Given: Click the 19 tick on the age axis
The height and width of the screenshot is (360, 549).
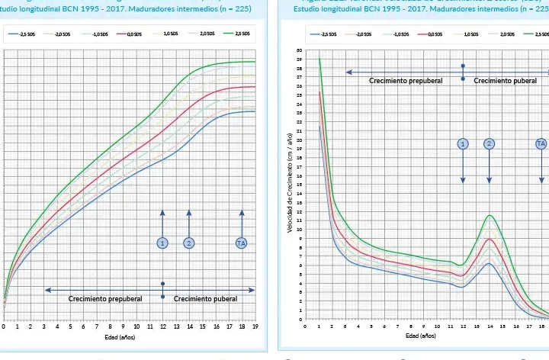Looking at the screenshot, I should (x=255, y=326).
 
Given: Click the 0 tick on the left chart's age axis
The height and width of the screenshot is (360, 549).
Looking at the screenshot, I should (x=4, y=326).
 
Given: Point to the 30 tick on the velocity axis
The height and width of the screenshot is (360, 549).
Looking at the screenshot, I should (x=299, y=50).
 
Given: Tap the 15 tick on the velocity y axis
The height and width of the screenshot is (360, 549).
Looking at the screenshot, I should (x=299, y=185).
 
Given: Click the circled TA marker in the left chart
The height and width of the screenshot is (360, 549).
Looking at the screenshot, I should (x=242, y=243).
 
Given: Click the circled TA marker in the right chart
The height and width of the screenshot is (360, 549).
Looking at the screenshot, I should (x=541, y=143).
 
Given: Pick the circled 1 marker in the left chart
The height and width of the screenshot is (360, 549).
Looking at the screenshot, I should (x=162, y=243).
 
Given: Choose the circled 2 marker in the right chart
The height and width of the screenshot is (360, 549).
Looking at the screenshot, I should (x=490, y=143).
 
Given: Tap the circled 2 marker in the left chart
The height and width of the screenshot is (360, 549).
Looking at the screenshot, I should (x=188, y=243).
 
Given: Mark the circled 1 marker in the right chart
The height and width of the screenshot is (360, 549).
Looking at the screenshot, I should (x=463, y=143).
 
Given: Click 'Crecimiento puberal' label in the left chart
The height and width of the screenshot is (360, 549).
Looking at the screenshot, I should (x=205, y=299).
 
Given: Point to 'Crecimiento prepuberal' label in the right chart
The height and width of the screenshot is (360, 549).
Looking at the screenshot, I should (x=406, y=80).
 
